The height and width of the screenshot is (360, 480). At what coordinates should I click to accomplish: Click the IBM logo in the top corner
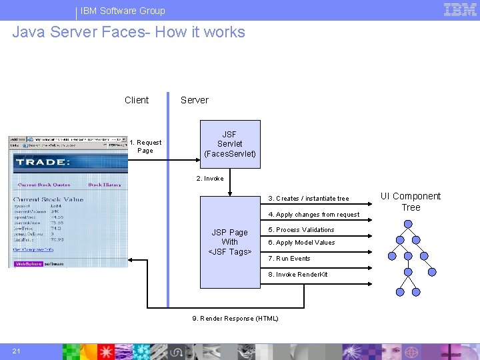[460, 9]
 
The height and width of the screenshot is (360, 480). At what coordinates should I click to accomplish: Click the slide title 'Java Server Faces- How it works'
[129, 32]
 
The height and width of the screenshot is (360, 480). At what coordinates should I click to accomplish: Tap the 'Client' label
[137, 100]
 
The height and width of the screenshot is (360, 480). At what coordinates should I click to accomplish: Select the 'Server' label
[195, 100]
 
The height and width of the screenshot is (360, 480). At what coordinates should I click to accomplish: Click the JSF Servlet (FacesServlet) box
[229, 144]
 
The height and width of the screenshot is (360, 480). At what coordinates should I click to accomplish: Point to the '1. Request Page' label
[145, 146]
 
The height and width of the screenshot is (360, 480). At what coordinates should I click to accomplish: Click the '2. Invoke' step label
[210, 179]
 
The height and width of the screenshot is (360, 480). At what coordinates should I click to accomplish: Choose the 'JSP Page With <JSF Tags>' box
[229, 242]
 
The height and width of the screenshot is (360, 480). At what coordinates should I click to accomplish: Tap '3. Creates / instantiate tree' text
[308, 199]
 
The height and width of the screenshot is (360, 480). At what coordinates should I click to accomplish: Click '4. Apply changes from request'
[313, 215]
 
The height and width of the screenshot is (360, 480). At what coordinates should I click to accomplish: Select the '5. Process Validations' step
[301, 230]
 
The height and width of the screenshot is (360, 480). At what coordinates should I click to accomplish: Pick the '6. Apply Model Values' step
[301, 243]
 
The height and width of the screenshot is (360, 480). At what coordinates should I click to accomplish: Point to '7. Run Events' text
[289, 259]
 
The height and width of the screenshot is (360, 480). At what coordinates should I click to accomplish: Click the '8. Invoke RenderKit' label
[297, 275]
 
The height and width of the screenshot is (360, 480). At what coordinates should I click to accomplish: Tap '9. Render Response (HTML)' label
[235, 319]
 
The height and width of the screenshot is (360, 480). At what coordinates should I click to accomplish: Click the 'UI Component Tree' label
[411, 201]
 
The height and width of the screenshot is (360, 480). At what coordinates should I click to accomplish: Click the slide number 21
[16, 351]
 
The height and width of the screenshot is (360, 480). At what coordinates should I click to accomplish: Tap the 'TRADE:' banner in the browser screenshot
[43, 162]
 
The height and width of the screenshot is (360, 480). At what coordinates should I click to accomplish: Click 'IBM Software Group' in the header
[123, 11]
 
